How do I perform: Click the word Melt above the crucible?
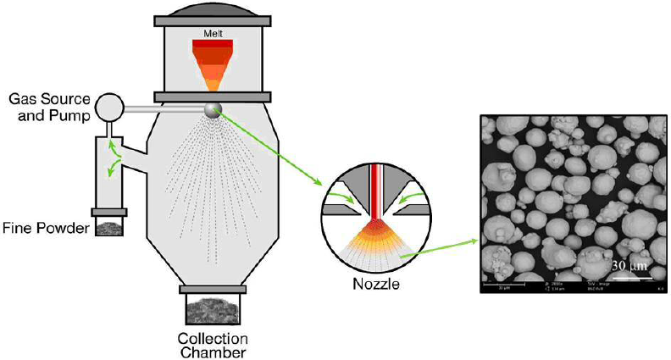point(212,34)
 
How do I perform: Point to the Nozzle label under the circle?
point(377,285)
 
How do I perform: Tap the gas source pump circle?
point(108,107)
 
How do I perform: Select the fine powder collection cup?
point(109,226)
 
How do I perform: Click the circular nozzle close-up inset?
point(377,217)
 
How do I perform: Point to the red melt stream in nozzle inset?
point(377,191)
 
